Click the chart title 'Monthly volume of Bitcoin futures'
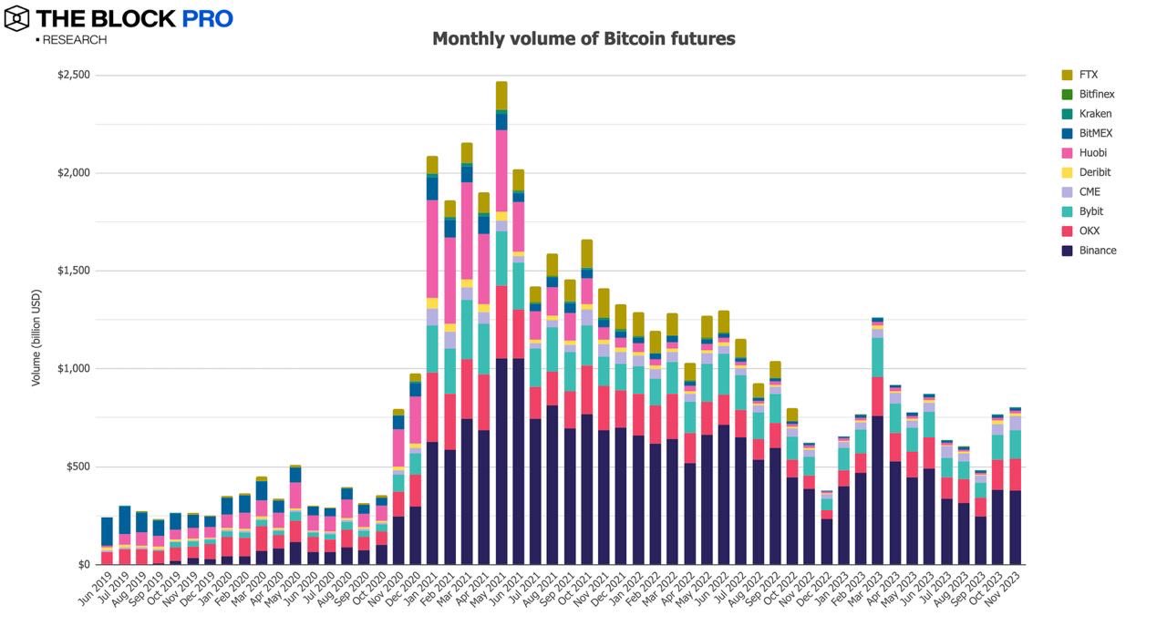pyautogui.click(x=583, y=39)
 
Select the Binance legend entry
pyautogui.click(x=1097, y=251)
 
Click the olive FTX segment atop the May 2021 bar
pyautogui.click(x=501, y=96)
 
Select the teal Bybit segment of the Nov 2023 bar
pyautogui.click(x=1015, y=444)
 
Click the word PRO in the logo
pyautogui.click(x=207, y=18)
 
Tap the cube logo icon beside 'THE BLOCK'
pyautogui.click(x=17, y=17)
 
